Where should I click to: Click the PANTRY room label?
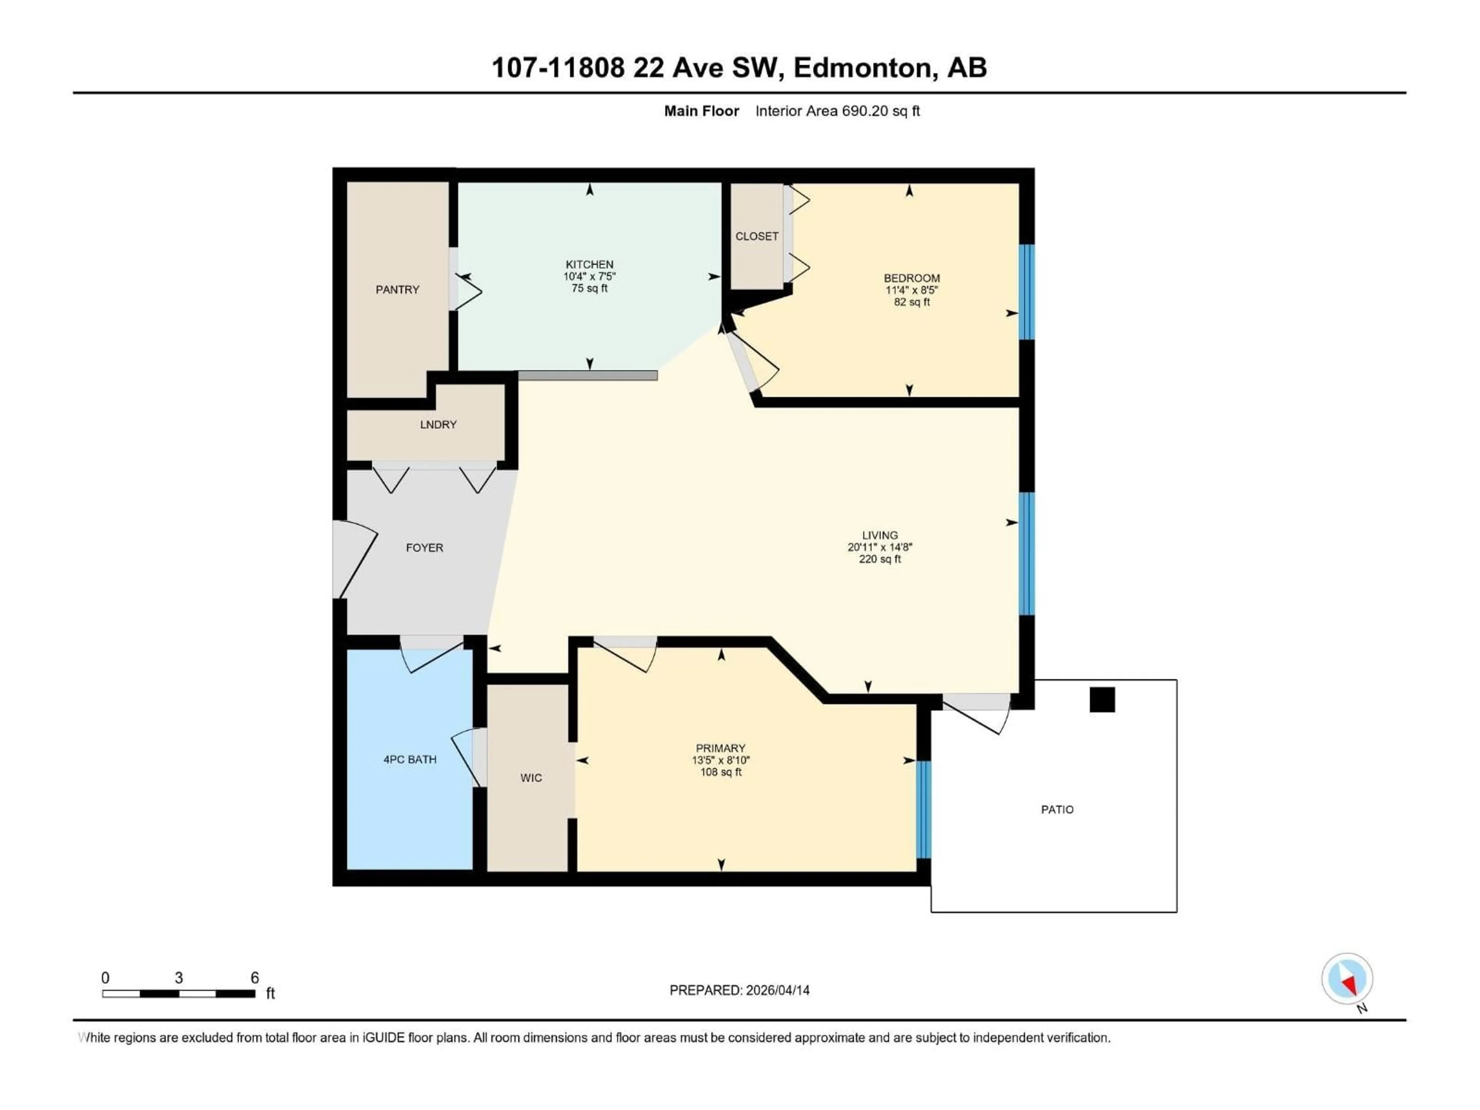(x=397, y=290)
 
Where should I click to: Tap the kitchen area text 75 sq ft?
(x=589, y=288)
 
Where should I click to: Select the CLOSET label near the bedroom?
(x=757, y=236)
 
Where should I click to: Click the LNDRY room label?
(x=438, y=425)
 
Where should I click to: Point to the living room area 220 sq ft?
(x=880, y=559)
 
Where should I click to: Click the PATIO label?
(x=1057, y=810)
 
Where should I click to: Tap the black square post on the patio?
(x=1102, y=700)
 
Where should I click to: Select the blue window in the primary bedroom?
(x=923, y=810)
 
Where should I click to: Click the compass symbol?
(x=1347, y=979)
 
